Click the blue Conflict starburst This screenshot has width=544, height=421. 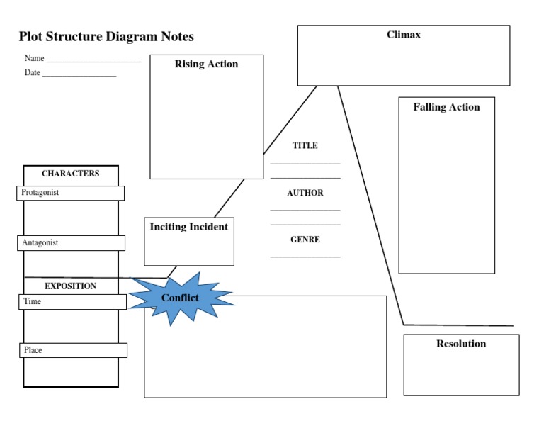(181, 298)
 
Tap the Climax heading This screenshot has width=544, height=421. (404, 35)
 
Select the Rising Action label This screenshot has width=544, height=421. (206, 64)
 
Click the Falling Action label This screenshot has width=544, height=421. (446, 108)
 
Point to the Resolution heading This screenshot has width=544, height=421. (461, 344)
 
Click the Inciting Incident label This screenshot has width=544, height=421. (189, 228)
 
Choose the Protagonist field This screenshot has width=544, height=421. (70, 193)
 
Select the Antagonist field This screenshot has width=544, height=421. (71, 243)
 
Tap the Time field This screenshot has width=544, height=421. (72, 302)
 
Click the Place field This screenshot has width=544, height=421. (73, 350)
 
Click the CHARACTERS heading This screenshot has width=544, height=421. (71, 174)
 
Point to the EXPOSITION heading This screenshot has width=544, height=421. (71, 286)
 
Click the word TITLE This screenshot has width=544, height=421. (305, 146)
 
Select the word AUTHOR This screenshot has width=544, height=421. (305, 193)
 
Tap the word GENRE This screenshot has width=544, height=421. (305, 240)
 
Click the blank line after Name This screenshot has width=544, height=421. (93, 61)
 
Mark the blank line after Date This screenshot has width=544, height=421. (79, 74)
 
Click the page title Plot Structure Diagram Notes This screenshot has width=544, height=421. (106, 37)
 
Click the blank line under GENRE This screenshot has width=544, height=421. (305, 256)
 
